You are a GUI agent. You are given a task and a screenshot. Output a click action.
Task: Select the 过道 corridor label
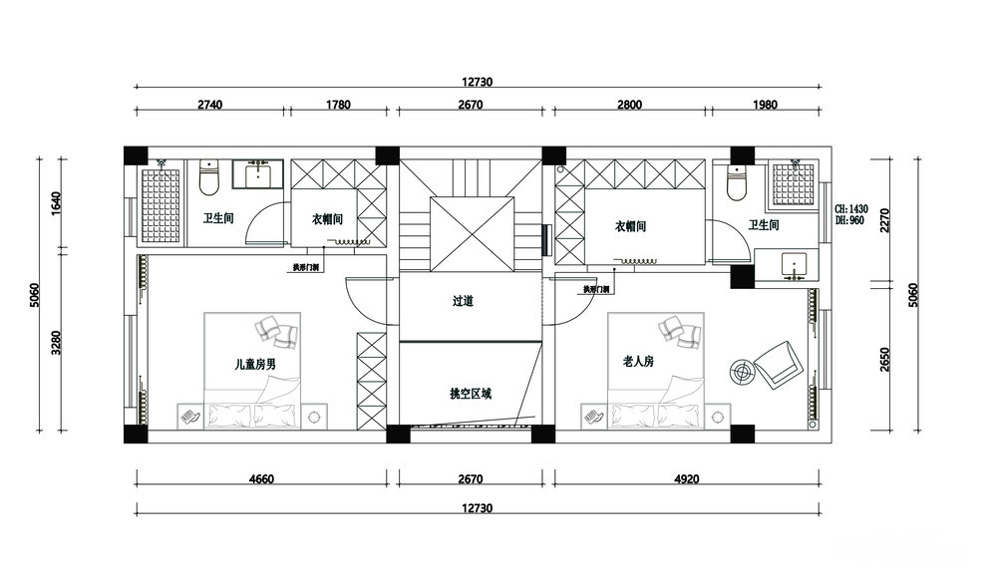(x=462, y=301)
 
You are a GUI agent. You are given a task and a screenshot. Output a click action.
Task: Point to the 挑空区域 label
(x=471, y=394)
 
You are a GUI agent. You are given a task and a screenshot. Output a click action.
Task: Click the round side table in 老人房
(x=742, y=371)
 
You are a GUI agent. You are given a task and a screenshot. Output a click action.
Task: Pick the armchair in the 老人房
(x=778, y=362)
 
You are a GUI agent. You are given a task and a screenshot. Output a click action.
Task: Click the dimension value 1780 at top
(x=338, y=105)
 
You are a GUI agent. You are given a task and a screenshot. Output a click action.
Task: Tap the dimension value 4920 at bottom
(x=686, y=480)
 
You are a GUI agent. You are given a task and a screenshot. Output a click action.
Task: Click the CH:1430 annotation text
(x=851, y=209)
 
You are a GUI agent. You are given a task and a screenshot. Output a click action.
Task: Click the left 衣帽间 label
(x=327, y=220)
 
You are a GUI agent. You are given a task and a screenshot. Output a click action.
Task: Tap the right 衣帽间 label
(x=630, y=227)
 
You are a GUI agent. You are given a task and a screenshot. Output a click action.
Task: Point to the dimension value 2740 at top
(x=210, y=105)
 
